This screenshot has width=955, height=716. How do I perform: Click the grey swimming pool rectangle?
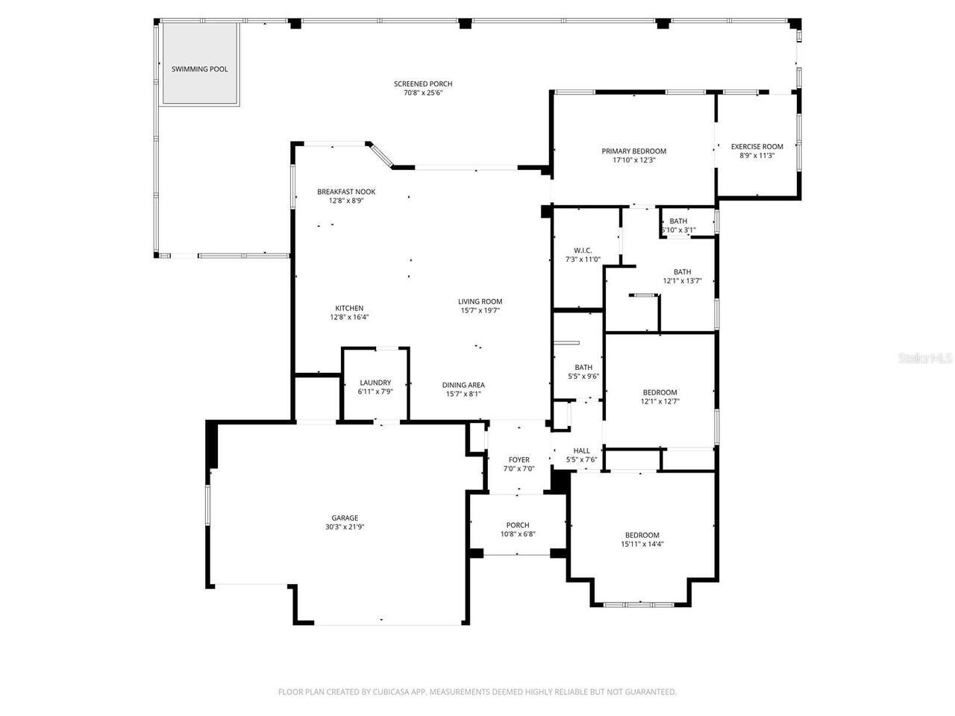(200, 64)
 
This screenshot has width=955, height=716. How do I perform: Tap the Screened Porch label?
(423, 84)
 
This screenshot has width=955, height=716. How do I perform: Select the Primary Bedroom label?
(633, 151)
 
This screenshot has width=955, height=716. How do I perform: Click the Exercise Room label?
(757, 147)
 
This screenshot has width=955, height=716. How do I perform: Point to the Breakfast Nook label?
(346, 192)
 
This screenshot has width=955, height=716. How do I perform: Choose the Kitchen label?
(349, 308)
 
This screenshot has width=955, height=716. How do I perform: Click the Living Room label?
(480, 302)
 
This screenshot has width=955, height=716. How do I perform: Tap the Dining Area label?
(463, 386)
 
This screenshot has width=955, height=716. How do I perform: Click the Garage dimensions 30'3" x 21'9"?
(345, 527)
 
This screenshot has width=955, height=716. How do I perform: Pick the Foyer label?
(519, 460)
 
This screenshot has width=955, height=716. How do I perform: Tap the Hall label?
(581, 450)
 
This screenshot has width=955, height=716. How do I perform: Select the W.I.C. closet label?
(583, 250)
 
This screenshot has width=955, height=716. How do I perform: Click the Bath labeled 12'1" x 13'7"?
(682, 272)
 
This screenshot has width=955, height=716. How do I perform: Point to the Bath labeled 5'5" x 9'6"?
(583, 367)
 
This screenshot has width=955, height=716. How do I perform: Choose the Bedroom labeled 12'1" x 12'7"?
(660, 392)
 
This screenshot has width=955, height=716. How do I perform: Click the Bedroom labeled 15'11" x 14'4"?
(642, 535)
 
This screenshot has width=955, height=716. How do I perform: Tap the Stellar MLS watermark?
(925, 358)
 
